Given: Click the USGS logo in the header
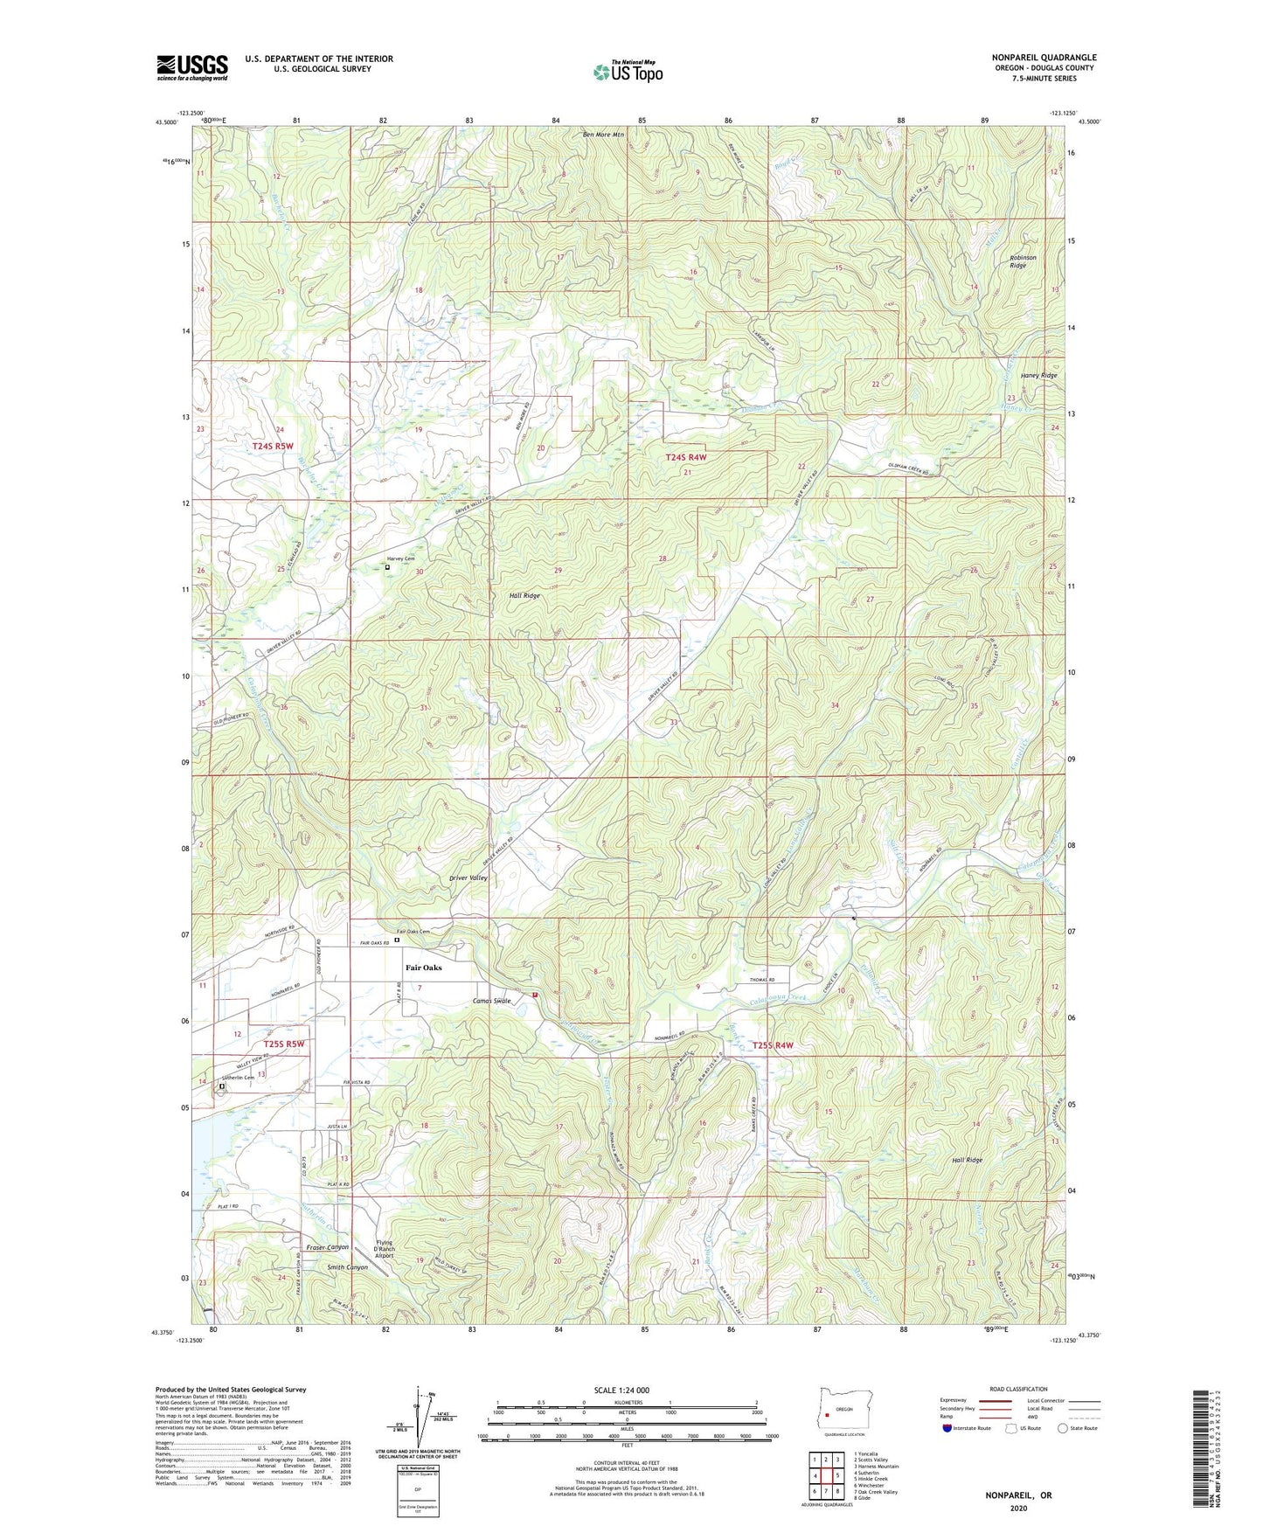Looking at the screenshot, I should tap(192, 67).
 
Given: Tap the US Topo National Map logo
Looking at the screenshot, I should tap(628, 72).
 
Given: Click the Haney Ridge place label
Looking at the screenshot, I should tap(1038, 376).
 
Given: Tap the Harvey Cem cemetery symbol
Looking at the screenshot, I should tap(388, 567).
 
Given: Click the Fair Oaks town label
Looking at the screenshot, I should tap(423, 968).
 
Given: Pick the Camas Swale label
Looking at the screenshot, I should tap(491, 1001).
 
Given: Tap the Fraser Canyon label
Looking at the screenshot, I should tap(328, 1247).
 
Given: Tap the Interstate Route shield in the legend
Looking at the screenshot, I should tap(947, 1428).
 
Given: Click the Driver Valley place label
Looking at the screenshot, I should tap(468, 877).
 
